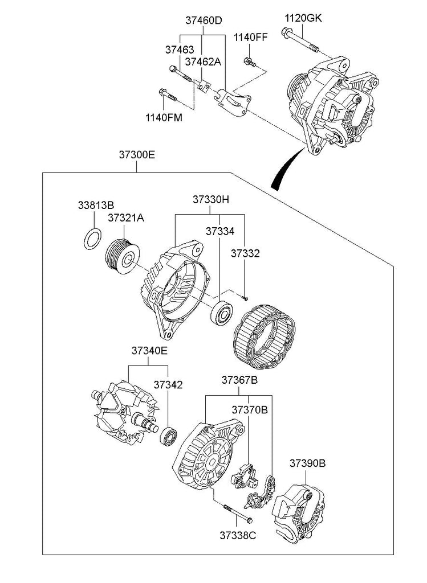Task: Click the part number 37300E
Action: [137, 154]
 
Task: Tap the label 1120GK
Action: [303, 18]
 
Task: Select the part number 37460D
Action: [204, 20]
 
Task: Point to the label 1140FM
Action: [164, 118]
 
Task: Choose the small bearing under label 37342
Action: [169, 437]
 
